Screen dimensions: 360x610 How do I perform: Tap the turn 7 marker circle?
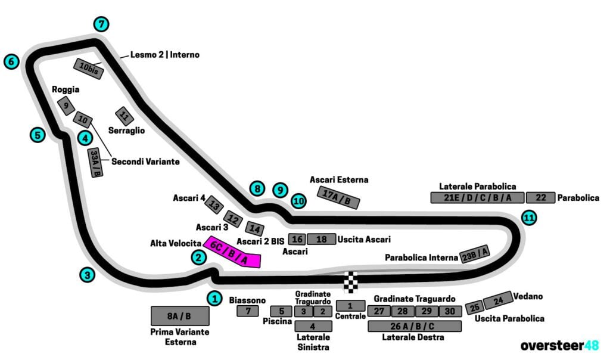coord(102,24)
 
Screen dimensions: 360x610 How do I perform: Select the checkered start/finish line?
coord(351,282)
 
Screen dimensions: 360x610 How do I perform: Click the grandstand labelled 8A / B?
coord(180,316)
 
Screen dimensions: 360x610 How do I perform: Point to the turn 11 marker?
coord(528,218)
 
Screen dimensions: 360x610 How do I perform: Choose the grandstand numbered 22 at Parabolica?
coord(541,198)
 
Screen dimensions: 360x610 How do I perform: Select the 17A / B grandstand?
coord(340,198)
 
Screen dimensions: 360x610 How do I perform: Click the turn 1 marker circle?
coord(215,298)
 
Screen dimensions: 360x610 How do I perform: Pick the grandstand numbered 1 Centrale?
coord(350,306)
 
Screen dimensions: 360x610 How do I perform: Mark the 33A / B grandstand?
coord(95,162)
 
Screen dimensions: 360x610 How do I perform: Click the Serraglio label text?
coord(126,130)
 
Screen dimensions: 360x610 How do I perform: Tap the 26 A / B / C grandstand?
coord(415,326)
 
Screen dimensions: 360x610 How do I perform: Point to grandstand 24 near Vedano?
coord(499,300)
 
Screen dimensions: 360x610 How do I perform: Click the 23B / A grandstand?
coord(475,255)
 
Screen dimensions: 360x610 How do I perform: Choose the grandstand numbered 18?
coord(322,239)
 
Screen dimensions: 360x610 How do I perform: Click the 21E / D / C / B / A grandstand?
coord(477,198)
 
